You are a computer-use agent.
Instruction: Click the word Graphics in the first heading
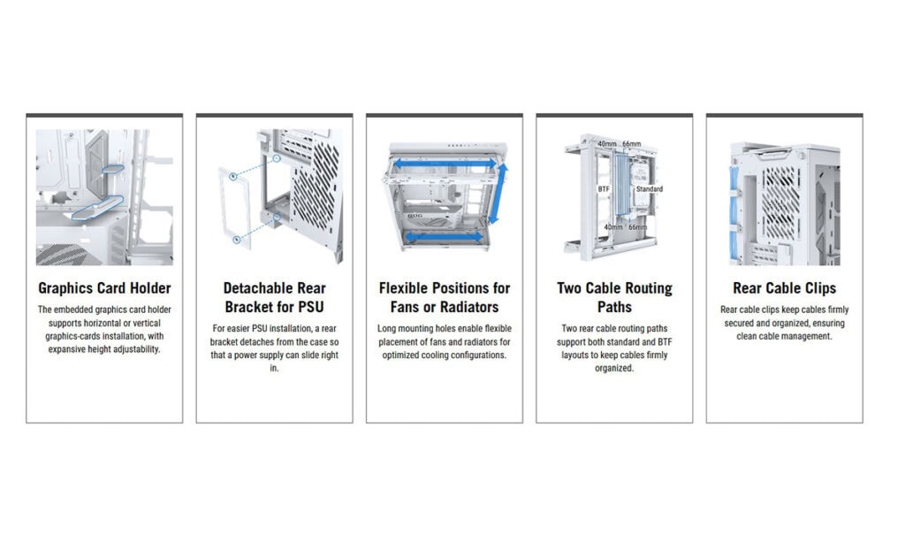click(x=65, y=288)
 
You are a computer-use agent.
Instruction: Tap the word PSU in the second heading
click(x=310, y=307)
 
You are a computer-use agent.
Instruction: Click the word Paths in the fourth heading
click(x=614, y=307)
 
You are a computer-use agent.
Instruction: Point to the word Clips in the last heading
click(x=819, y=287)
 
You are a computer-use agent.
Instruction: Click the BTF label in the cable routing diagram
click(x=604, y=189)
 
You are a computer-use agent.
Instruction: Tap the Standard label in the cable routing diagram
click(x=650, y=189)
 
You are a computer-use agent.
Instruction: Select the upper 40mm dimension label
click(x=607, y=144)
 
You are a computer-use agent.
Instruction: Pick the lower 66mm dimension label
click(x=637, y=227)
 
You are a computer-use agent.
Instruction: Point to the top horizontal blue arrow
click(x=445, y=164)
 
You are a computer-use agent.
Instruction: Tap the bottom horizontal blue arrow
click(x=444, y=236)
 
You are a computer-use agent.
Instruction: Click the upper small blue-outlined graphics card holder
click(x=113, y=169)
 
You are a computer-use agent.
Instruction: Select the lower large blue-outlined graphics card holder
click(x=97, y=208)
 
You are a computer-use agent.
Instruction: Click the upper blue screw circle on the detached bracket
click(x=232, y=176)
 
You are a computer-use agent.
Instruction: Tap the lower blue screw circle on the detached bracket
click(x=237, y=239)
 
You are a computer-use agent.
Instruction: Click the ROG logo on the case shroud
click(x=415, y=216)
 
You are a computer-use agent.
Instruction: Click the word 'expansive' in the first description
click(x=66, y=349)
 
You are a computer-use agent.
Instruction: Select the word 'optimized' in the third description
click(x=402, y=356)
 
